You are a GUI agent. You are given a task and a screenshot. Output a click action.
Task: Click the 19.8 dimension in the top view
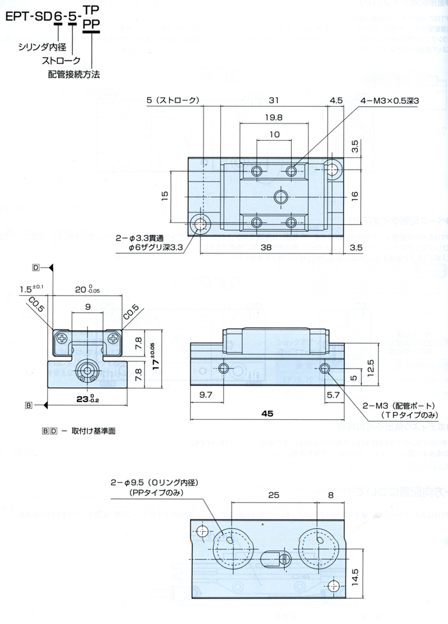[274, 118]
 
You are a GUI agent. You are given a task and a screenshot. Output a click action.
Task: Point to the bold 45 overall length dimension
[268, 413]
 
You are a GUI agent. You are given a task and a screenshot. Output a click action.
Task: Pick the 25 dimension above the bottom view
[274, 495]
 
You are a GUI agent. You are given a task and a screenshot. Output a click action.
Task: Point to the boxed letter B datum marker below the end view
[29, 404]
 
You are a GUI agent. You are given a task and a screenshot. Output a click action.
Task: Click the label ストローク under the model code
[61, 60]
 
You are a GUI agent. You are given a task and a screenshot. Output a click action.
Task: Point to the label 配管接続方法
[74, 74]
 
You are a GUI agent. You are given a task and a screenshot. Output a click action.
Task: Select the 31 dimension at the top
[273, 100]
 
